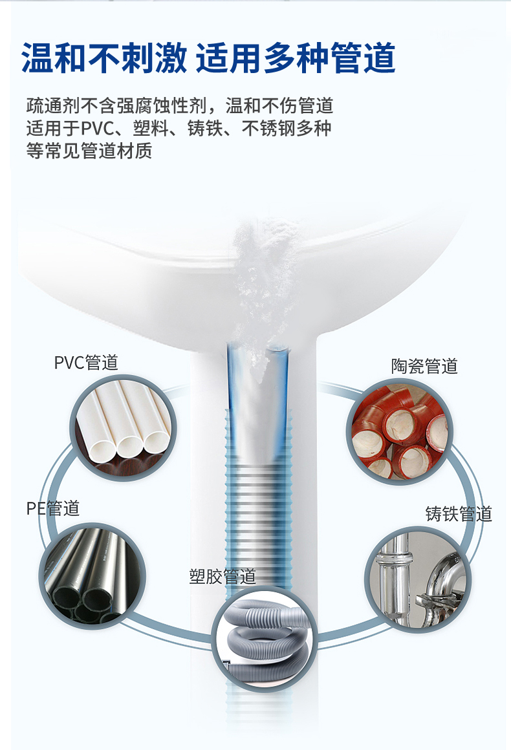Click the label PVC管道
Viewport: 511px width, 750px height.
click(86, 363)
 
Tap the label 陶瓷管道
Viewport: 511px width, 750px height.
click(424, 366)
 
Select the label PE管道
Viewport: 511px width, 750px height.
click(52, 508)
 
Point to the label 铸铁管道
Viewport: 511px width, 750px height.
click(459, 514)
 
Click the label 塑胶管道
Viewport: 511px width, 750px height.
click(223, 576)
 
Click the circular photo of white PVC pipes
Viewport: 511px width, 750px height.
click(124, 427)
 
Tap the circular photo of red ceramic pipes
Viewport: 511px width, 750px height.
click(400, 431)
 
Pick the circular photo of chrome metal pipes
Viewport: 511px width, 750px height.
click(418, 579)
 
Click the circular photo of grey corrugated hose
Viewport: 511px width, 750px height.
click(265, 639)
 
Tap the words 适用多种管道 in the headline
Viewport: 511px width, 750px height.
click(296, 58)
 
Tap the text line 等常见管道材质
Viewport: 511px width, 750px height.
click(89, 151)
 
